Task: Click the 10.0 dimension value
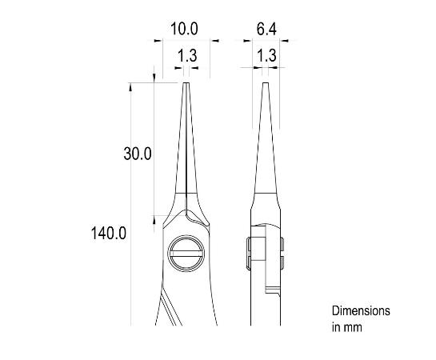tap(184, 29)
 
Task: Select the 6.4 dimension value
tap(266, 29)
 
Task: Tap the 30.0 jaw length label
tap(138, 154)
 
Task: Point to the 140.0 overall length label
tap(109, 233)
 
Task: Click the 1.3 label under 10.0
tap(187, 55)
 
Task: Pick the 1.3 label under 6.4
tap(266, 55)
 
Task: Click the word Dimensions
tap(361, 311)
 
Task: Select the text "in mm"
tap(346, 327)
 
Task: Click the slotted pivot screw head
tap(186, 253)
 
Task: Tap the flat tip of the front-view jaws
tap(186, 83)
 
